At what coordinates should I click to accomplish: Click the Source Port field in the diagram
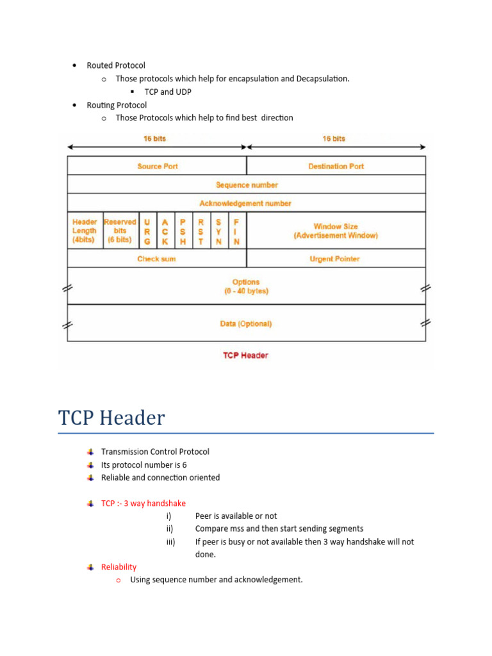click(157, 166)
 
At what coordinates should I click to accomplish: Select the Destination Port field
click(336, 166)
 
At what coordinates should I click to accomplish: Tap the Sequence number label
click(247, 184)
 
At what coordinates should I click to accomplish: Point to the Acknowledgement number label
click(245, 203)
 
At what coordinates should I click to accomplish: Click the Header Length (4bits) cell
click(85, 231)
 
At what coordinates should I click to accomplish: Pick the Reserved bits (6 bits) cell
click(120, 231)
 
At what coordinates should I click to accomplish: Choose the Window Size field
click(336, 231)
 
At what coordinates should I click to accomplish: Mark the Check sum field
click(156, 259)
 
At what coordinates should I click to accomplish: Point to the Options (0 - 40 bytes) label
click(246, 286)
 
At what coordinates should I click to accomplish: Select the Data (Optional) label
click(246, 324)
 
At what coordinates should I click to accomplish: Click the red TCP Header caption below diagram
click(245, 355)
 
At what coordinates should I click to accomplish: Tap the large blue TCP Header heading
click(111, 418)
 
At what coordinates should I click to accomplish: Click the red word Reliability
click(119, 567)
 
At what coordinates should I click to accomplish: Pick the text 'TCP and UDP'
click(168, 92)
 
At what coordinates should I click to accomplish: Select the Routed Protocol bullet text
click(116, 65)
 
